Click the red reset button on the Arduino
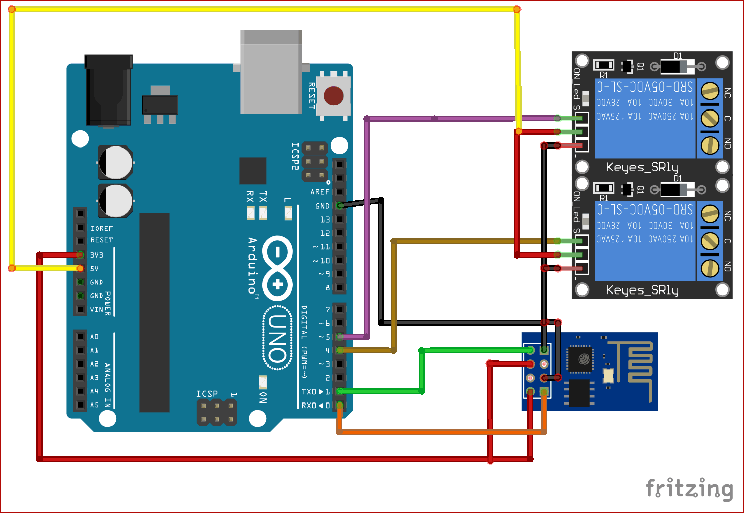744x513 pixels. pyautogui.click(x=333, y=95)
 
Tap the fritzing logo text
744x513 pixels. pyautogui.click(x=689, y=489)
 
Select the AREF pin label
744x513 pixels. pyautogui.click(x=320, y=192)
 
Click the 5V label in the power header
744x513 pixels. pyautogui.click(x=95, y=269)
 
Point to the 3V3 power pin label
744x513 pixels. pyautogui.click(x=97, y=255)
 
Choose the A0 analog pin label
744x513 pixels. pyautogui.click(x=95, y=337)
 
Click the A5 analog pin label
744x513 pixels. pyautogui.click(x=95, y=405)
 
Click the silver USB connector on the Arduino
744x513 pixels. pyautogui.click(x=271, y=71)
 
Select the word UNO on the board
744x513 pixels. pyautogui.click(x=278, y=339)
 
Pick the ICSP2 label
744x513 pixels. pyautogui.click(x=295, y=156)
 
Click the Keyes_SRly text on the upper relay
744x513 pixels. pyautogui.click(x=642, y=167)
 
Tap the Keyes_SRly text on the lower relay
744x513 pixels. pyautogui.click(x=642, y=290)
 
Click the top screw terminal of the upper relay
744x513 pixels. pyautogui.click(x=710, y=91)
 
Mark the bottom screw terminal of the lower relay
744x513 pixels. pyautogui.click(x=710, y=268)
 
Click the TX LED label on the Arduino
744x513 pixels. pyautogui.click(x=263, y=197)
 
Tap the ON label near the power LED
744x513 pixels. pyautogui.click(x=263, y=397)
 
